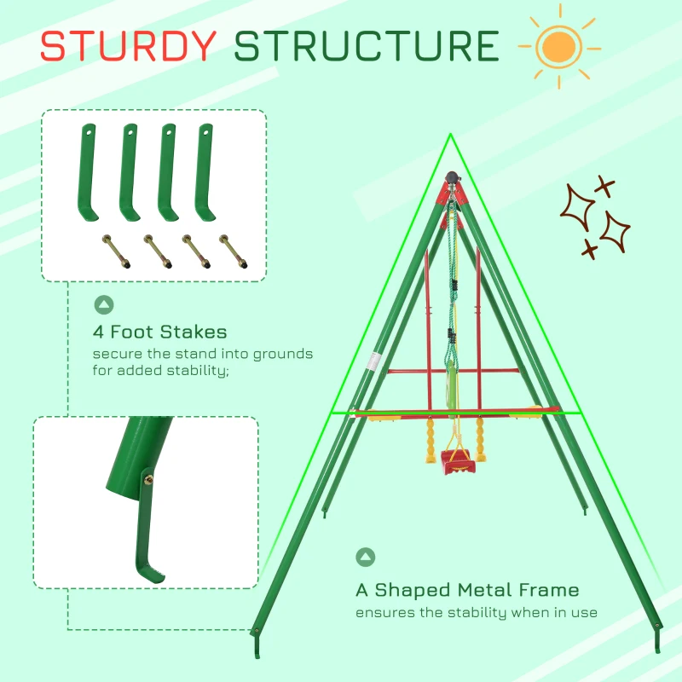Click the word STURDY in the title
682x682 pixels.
[x=128, y=46]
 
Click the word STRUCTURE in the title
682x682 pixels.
[x=367, y=46]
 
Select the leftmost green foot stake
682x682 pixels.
[x=89, y=170]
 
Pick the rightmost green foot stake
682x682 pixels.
[x=205, y=170]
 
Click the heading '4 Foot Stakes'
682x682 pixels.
[x=160, y=332]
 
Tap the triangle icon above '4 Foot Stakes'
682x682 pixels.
[x=104, y=304]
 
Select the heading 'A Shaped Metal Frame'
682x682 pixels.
[x=466, y=590]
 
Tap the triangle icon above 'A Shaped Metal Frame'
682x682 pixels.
[x=365, y=558]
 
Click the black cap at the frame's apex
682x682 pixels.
[x=450, y=181]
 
